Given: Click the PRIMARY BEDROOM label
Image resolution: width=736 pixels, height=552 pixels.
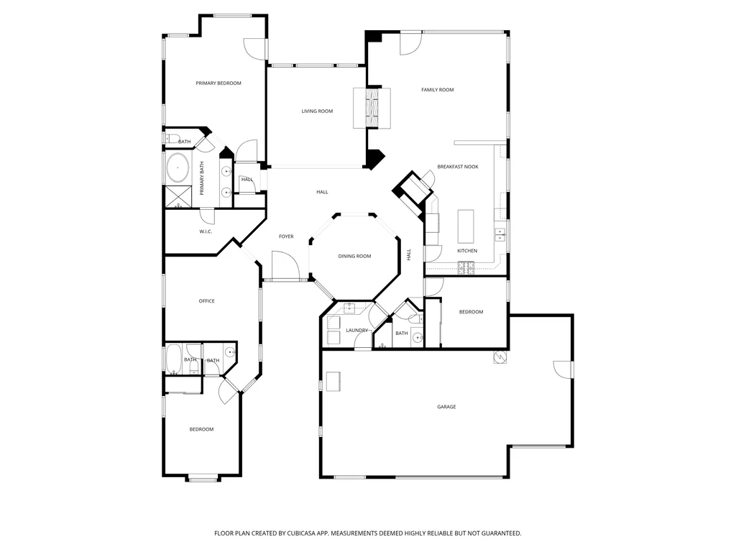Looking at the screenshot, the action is click(x=218, y=83).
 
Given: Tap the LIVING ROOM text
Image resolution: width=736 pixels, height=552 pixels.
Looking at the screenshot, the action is click(x=317, y=111).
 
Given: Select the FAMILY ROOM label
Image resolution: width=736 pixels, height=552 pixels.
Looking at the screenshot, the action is click(x=438, y=90).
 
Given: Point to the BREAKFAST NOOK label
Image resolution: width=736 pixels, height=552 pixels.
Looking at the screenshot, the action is click(x=458, y=167).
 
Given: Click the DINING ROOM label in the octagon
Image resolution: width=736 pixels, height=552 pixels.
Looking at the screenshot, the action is click(x=354, y=257).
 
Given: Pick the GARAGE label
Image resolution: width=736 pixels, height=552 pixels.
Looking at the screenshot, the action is click(x=446, y=407).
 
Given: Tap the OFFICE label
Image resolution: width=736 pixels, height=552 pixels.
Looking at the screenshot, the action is click(x=206, y=301).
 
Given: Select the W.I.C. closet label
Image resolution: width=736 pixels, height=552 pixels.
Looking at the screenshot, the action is click(x=206, y=231).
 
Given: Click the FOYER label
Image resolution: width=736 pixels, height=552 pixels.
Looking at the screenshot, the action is click(x=286, y=236).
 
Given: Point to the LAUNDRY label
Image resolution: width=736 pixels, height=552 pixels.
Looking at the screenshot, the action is click(x=356, y=331).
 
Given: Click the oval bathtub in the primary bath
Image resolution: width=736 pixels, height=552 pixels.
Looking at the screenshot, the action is click(x=178, y=167).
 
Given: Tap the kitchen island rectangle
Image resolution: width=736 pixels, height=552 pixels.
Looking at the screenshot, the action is click(x=466, y=226).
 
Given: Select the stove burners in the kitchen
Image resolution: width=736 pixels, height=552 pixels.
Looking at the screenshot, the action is click(x=466, y=267).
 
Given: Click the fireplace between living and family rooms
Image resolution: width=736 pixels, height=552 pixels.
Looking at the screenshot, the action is click(x=372, y=108).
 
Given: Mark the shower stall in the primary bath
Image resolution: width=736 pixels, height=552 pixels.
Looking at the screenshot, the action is click(x=178, y=197).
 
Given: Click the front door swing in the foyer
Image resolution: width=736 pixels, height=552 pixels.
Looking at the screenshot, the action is click(x=285, y=266).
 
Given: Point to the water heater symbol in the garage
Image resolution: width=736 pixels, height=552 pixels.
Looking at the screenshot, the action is click(x=500, y=357).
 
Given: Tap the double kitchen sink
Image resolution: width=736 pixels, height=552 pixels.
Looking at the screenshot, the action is click(x=500, y=234).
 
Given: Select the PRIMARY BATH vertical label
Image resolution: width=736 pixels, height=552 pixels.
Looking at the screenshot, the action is click(x=202, y=178).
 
